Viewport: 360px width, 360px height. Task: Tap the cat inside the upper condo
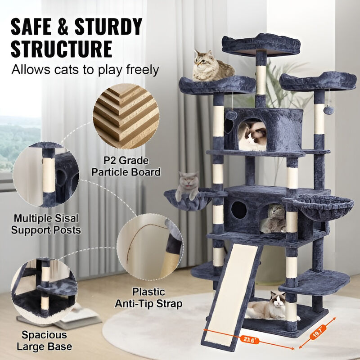click(253, 136)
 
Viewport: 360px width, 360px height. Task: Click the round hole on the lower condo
click(238, 210)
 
